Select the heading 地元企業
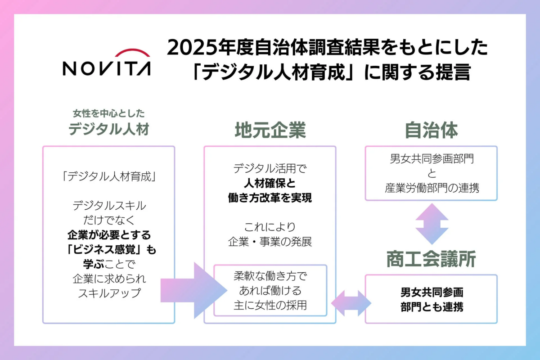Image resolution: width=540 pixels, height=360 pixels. click(270, 130)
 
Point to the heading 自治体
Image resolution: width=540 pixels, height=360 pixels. click(431, 130)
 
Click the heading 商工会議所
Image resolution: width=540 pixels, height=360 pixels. click(431, 259)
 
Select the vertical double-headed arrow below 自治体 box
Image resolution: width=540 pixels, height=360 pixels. click(431, 223)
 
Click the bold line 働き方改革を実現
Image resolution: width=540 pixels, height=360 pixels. click(270, 198)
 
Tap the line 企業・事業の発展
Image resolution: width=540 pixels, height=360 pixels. click(270, 241)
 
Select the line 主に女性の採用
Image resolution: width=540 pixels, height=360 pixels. click(270, 305)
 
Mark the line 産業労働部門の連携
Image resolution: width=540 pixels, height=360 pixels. click(431, 188)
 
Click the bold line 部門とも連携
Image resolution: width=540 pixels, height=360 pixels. click(431, 308)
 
